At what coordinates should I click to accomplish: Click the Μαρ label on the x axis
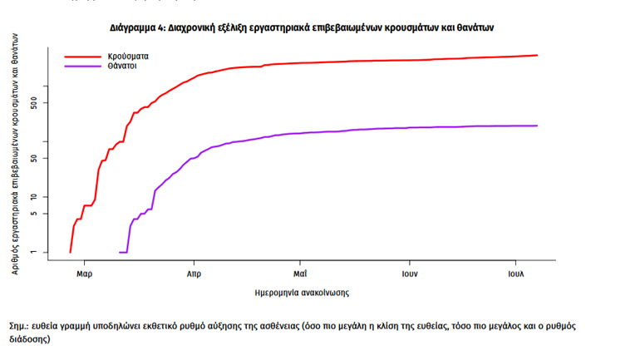pos(83,273)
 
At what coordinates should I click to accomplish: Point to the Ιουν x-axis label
pos(409,273)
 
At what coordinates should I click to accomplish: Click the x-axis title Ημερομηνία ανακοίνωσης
pos(302,293)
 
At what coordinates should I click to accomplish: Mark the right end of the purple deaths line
pos(538,126)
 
